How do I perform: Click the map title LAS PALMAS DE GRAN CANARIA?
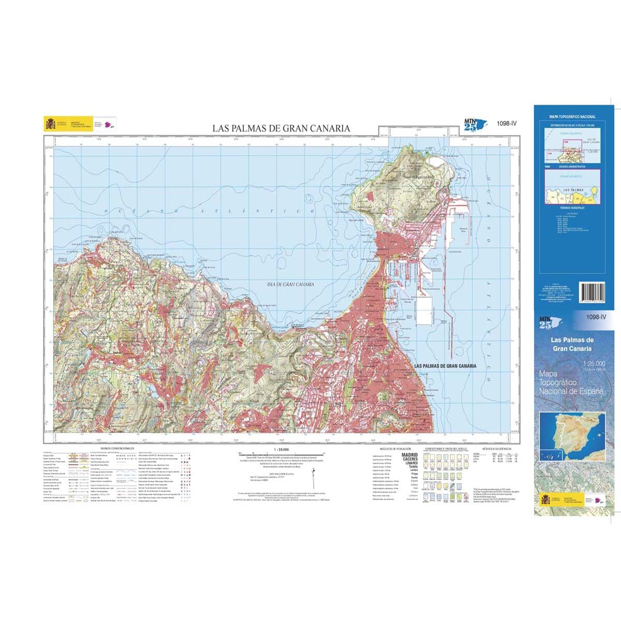pos(281,128)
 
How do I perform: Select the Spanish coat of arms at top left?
pos(50,124)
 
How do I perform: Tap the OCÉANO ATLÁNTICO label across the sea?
pos(209,212)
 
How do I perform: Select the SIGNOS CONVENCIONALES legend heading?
pos(117,448)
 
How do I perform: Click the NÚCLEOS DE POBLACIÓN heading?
pos(395,448)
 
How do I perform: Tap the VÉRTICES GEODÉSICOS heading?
pos(496,448)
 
